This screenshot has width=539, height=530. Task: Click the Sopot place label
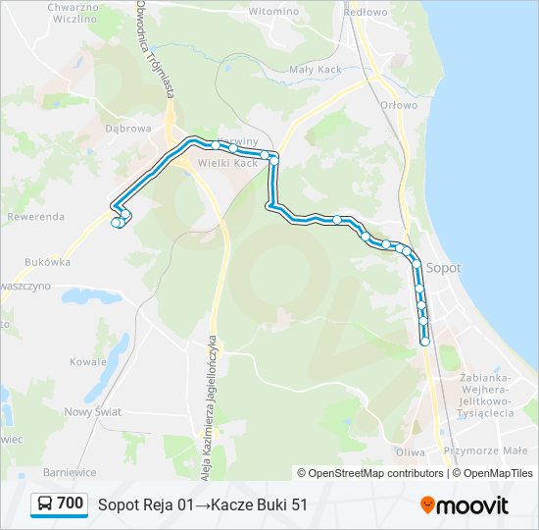pyautogui.click(x=445, y=266)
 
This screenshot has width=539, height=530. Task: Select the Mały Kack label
pyautogui.click(x=314, y=70)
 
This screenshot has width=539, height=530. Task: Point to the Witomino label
pyautogui.click(x=273, y=11)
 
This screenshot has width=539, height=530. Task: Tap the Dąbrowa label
pyautogui.click(x=128, y=128)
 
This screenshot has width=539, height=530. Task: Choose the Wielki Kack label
pyautogui.click(x=228, y=163)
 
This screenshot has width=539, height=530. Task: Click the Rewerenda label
pyautogui.click(x=35, y=216)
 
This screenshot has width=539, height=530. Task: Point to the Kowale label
pyautogui.click(x=88, y=361)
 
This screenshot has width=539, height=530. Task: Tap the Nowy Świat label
pyautogui.click(x=92, y=412)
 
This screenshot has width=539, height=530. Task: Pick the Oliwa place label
pyautogui.click(x=409, y=452)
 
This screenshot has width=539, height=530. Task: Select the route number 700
pyautogui.click(x=71, y=504)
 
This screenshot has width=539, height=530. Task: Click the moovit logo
pyautogui.click(x=465, y=505)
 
